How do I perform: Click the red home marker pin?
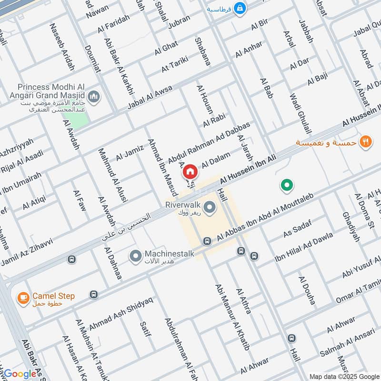[x=190, y=171]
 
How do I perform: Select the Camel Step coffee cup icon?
[x=22, y=298]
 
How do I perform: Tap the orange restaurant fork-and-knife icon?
[x=365, y=141]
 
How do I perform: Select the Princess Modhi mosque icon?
[x=95, y=97]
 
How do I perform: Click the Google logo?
[x=20, y=374]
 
